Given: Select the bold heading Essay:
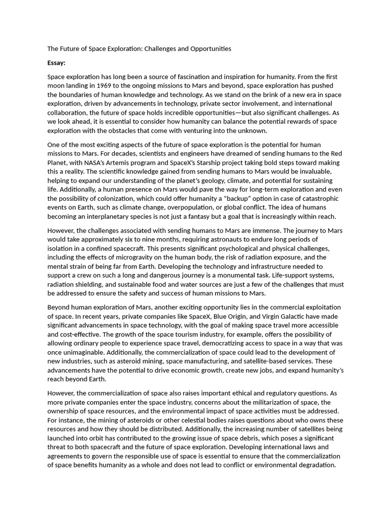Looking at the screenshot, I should (x=56, y=63).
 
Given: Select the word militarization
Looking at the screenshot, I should (x=265, y=402).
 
